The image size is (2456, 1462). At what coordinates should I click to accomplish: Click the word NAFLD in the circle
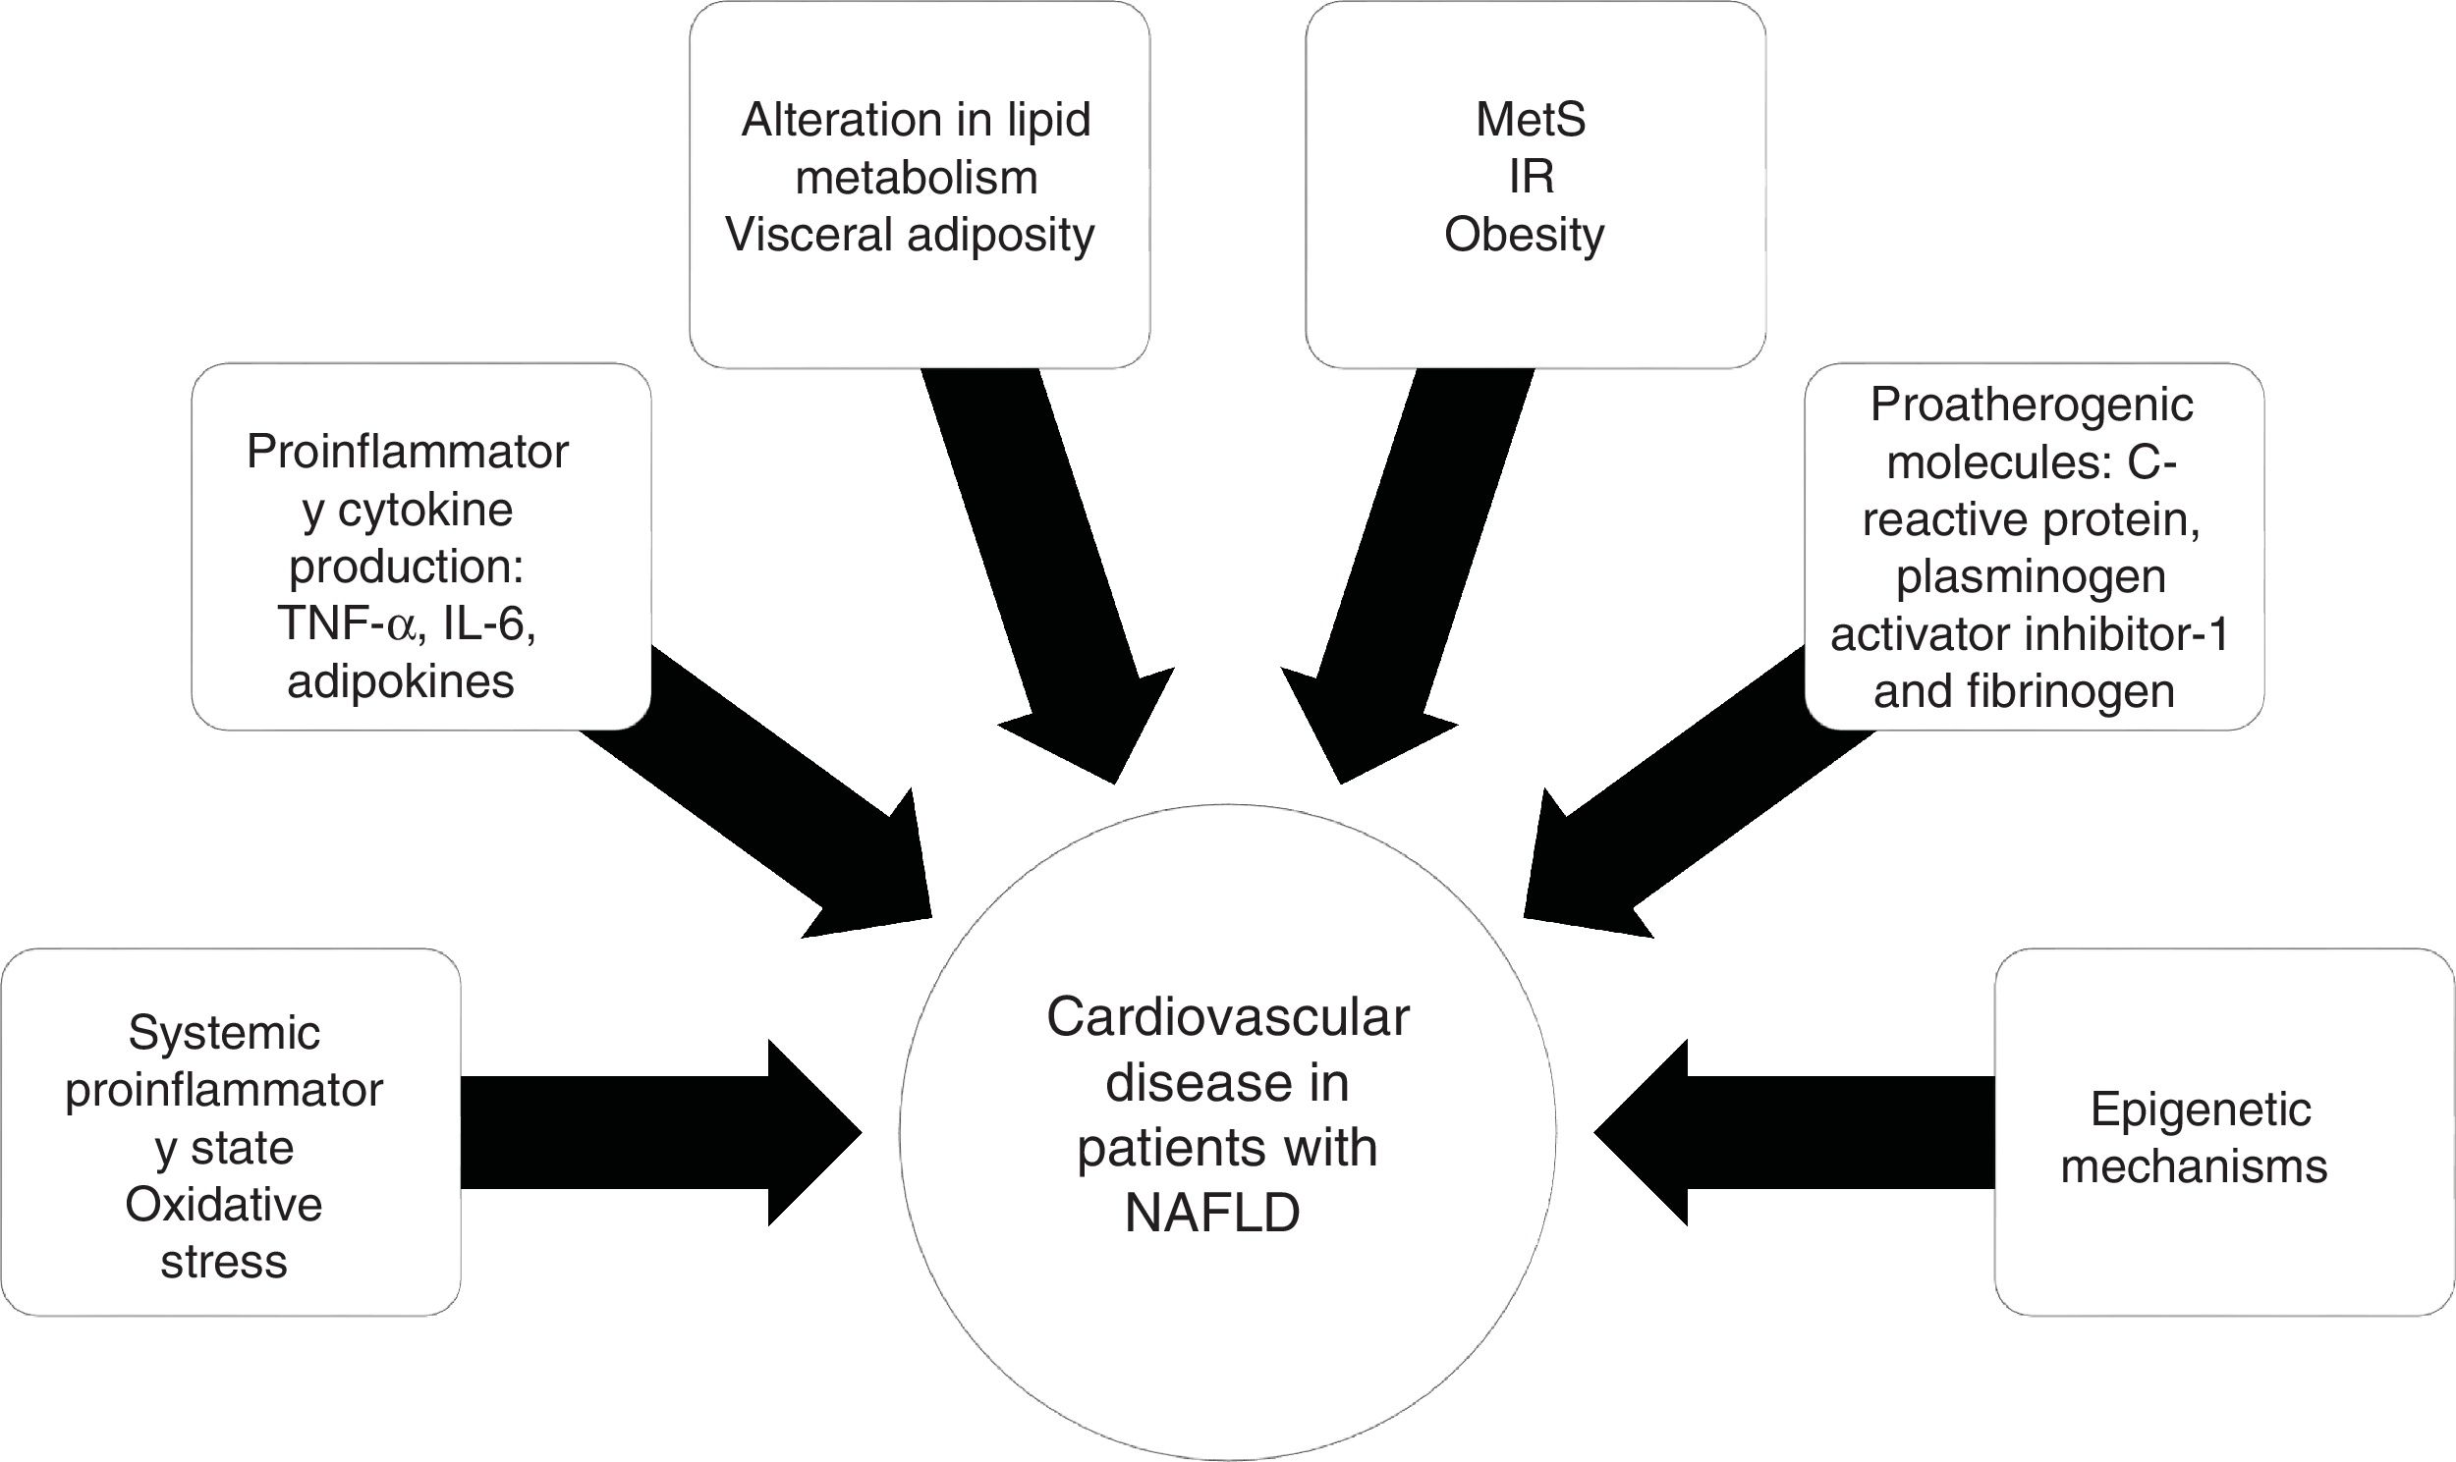click(1212, 1214)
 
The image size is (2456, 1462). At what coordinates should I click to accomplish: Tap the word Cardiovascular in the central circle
click(1227, 1018)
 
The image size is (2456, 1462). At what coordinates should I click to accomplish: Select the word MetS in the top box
click(1531, 120)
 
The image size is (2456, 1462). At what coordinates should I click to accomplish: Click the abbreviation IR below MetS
click(1532, 178)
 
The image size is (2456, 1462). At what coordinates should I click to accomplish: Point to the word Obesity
click(1524, 236)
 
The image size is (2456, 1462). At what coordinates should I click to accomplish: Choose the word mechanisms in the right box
click(2194, 1167)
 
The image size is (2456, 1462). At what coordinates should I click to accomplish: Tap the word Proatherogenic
click(2032, 405)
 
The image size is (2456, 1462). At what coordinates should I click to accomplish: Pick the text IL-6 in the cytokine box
click(489, 624)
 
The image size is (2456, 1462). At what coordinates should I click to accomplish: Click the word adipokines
click(400, 681)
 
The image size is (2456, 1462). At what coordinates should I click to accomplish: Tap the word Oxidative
click(224, 1205)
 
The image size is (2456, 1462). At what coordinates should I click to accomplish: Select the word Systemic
click(224, 1034)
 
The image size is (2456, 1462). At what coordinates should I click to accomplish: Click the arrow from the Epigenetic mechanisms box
click(1774, 1132)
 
